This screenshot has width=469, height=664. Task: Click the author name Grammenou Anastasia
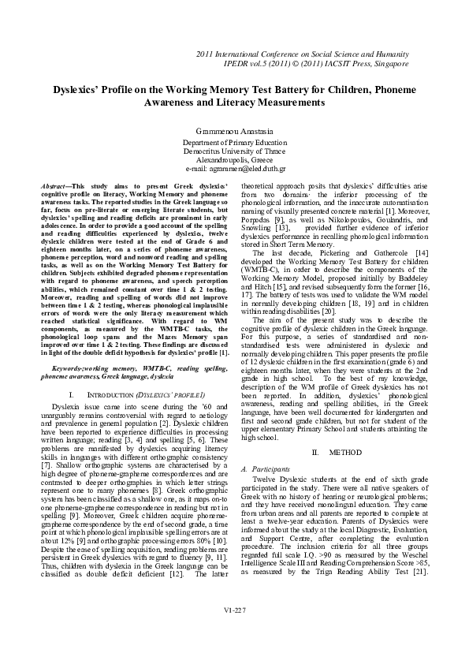pos(234,129)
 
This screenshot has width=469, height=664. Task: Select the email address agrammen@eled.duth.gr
pos(234,169)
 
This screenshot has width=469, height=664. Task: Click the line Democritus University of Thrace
pos(234,151)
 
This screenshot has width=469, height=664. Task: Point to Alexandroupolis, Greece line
pos(234,160)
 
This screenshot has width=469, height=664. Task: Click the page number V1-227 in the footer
pos(234,632)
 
